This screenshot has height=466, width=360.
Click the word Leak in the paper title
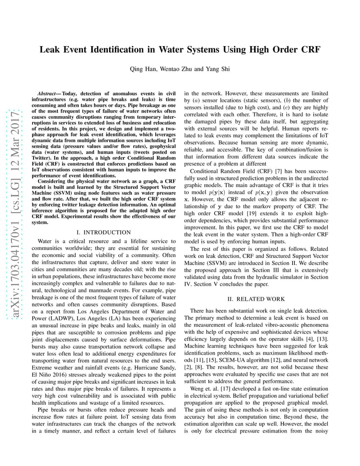pos(51,50)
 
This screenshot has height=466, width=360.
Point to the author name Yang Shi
pos(218,69)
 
